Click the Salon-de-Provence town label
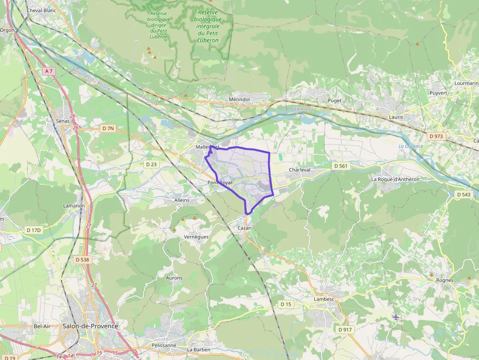point(90,326)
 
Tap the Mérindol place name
point(239,99)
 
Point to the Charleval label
point(300,169)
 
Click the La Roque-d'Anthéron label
point(395,179)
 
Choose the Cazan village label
point(244,228)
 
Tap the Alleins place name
point(182,200)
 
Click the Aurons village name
point(174,278)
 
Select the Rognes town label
point(445,280)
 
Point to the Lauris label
point(396,117)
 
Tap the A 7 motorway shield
point(48,71)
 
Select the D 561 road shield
point(341,166)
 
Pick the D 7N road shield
point(108,128)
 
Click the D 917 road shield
point(345,330)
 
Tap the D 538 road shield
point(83,260)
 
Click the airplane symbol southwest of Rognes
point(396,318)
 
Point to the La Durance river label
point(411,146)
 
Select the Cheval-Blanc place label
point(42,10)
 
